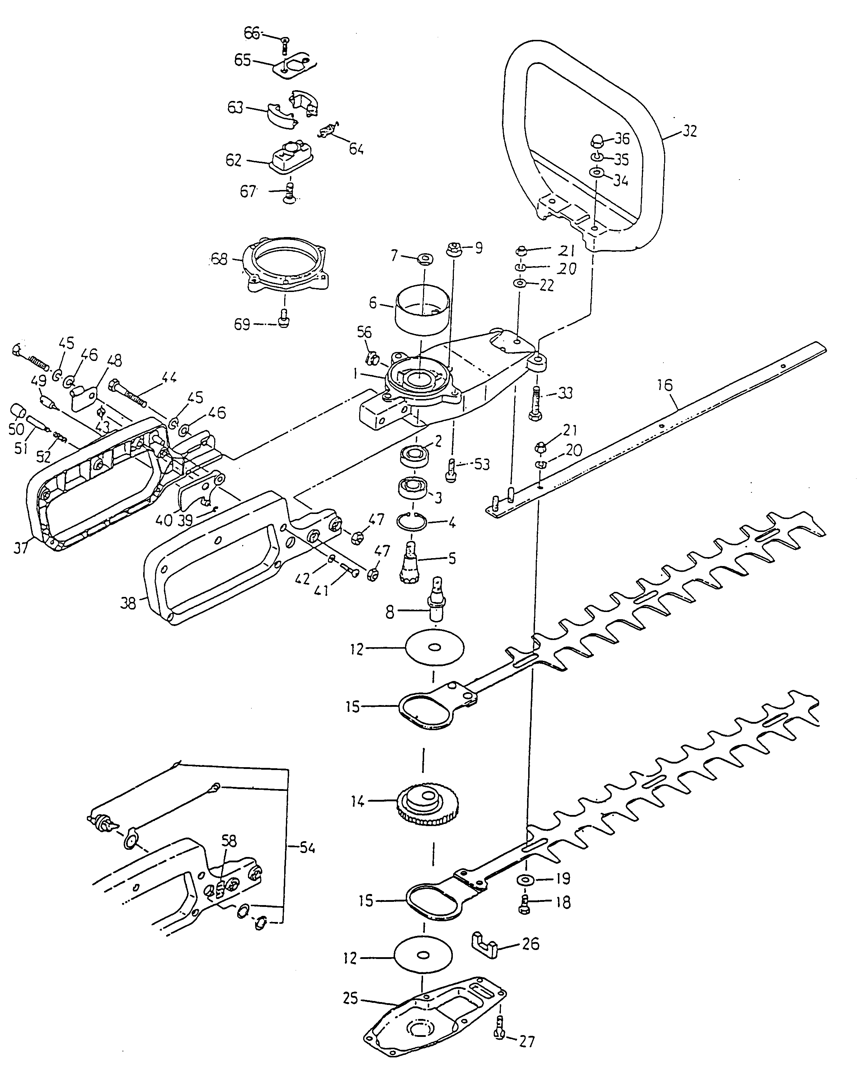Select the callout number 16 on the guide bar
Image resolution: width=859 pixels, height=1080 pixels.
[x=665, y=385]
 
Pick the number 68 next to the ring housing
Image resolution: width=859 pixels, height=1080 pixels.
[x=219, y=259]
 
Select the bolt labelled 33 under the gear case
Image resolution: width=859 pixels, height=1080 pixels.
[x=535, y=403]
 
